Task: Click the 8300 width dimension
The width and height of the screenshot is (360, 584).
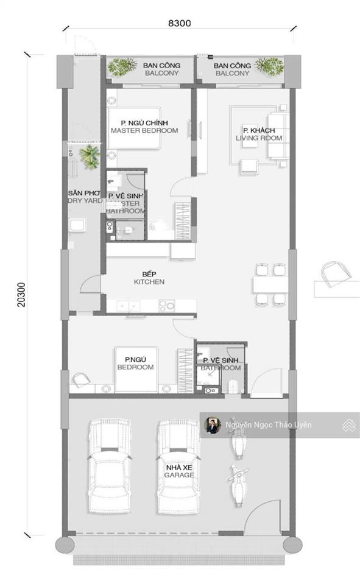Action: coord(180,24)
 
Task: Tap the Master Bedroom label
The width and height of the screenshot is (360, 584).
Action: coord(144,127)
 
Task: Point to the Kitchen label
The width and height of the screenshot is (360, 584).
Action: coord(149,278)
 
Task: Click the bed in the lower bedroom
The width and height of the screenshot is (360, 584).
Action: coord(137,369)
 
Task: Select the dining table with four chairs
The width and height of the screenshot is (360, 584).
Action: coord(270,284)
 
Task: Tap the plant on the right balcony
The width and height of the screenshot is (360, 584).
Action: coord(269,66)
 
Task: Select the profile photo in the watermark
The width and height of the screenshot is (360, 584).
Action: coord(213,425)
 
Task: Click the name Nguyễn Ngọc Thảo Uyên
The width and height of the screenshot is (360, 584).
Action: coord(268,425)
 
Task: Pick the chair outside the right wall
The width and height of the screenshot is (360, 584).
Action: coord(333,274)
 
